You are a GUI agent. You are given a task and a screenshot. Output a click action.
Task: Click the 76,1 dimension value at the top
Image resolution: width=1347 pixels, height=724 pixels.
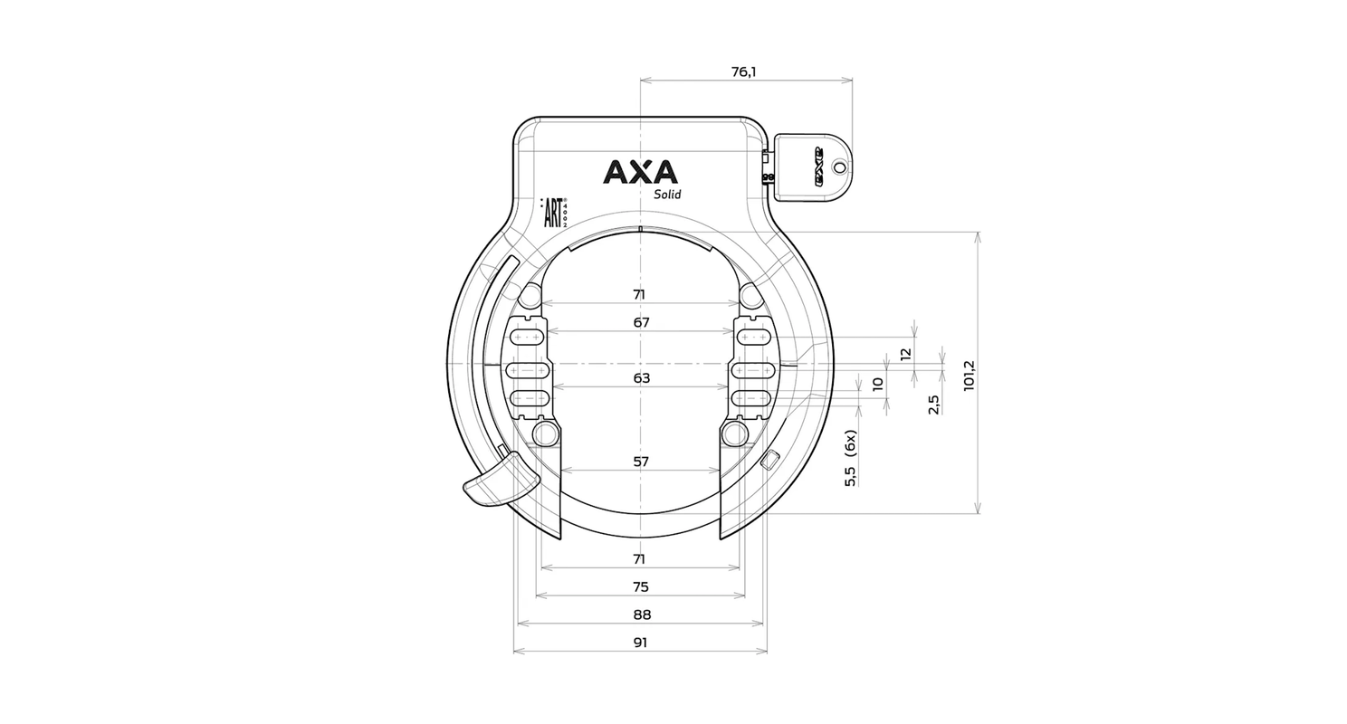(744, 72)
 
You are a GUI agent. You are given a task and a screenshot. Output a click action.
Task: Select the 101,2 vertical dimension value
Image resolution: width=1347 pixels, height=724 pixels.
(969, 376)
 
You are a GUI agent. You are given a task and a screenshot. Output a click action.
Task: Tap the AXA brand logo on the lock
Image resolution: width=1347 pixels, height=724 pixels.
(640, 172)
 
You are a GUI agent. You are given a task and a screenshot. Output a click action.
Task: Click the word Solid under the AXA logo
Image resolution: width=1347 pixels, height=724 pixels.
(667, 195)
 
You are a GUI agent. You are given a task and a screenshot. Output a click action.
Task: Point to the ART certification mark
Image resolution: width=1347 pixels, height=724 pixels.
(554, 213)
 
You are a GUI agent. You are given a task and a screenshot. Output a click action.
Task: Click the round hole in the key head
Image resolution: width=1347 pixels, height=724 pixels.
(839, 166)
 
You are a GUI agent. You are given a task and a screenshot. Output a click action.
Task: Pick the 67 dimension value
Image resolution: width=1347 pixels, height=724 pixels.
(642, 323)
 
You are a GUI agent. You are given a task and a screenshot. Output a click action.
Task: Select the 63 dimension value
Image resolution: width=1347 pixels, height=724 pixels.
(642, 378)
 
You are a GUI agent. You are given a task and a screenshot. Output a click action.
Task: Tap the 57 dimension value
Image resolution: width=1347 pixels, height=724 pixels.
(642, 462)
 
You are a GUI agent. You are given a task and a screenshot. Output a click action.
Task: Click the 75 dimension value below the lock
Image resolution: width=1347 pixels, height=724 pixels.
(641, 587)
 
